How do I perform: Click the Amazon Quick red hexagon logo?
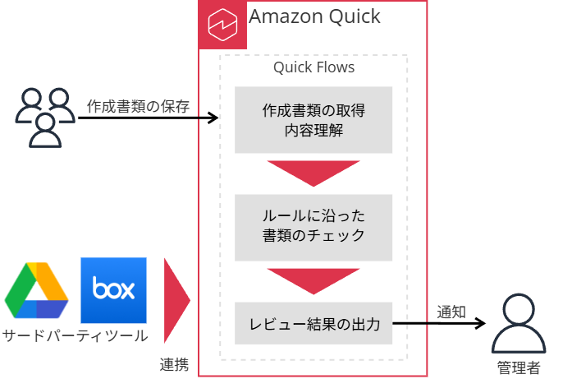click(223, 25)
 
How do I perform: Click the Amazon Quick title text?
click(314, 16)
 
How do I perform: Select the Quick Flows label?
click(313, 67)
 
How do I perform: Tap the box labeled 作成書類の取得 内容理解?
click(313, 119)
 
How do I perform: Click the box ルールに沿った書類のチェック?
click(313, 226)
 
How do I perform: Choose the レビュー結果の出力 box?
click(313, 324)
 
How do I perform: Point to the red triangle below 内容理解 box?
click(313, 172)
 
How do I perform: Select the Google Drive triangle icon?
click(36, 291)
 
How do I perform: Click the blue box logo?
click(113, 290)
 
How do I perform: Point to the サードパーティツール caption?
click(75, 335)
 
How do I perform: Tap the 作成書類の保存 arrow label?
click(138, 105)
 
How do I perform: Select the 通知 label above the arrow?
click(451, 312)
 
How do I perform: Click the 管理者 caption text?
click(519, 367)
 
